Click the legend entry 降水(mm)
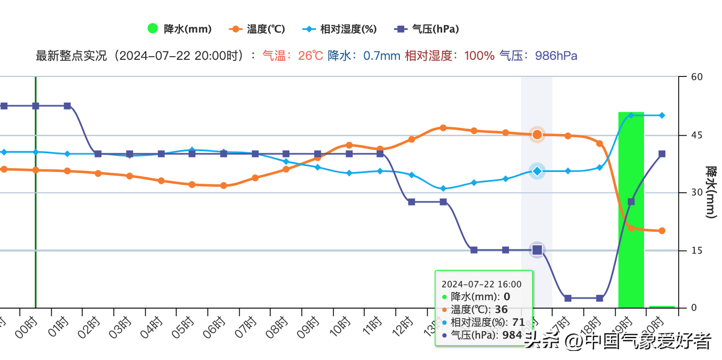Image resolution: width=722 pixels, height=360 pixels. coord(179,29)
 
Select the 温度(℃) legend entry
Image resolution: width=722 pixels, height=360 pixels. coord(257,29)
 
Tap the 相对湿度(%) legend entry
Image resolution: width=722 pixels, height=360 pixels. coord(340,29)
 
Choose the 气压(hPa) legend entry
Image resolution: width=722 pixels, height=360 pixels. coord(427,29)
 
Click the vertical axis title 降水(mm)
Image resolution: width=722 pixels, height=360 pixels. coord(711,192)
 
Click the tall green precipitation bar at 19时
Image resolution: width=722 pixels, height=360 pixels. coord(631,214)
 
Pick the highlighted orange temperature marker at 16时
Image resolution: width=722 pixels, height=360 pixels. coord(537,135)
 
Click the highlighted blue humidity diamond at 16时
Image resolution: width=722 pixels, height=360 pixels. coord(537,171)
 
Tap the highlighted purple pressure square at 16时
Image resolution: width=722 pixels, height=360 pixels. coord(537,250)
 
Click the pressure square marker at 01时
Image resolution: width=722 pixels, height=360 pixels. coord(67,106)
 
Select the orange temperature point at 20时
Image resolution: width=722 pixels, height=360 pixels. coord(662,231)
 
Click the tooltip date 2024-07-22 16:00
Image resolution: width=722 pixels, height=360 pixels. coord(482,285)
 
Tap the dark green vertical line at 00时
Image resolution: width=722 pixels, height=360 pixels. coord(35,214)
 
